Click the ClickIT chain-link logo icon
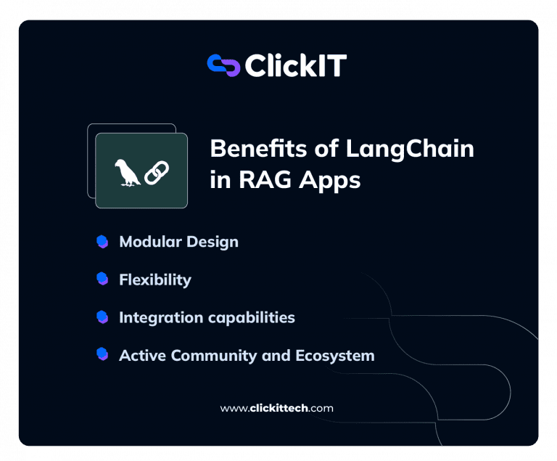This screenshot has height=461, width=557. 223,65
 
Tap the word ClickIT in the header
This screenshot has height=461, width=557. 295,66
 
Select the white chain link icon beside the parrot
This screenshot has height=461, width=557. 156,173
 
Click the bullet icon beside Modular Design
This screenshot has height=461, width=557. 102,242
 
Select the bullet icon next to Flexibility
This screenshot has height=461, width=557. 102,280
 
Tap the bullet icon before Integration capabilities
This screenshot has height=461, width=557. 102,317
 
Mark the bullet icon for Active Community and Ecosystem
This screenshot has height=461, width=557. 102,355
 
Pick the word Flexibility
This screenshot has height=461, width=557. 154,280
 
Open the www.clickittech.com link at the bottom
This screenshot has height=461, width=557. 276,408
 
